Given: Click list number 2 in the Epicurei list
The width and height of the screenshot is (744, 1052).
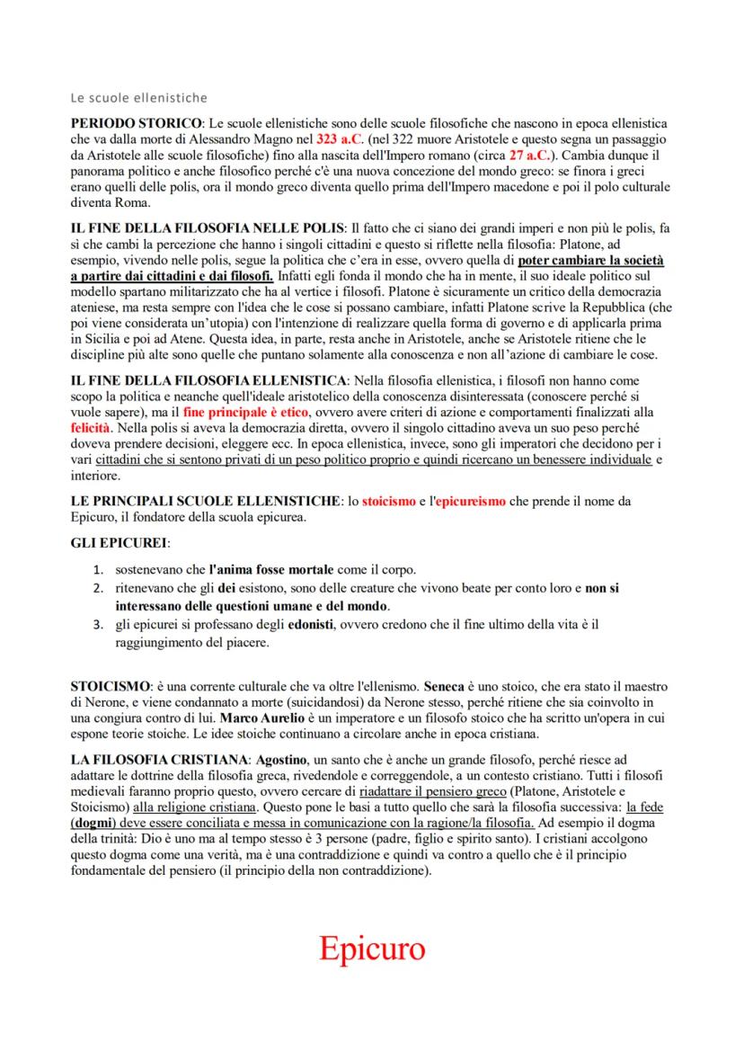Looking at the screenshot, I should coord(100,588).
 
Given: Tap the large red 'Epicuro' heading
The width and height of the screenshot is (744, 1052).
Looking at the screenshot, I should coord(371,949).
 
